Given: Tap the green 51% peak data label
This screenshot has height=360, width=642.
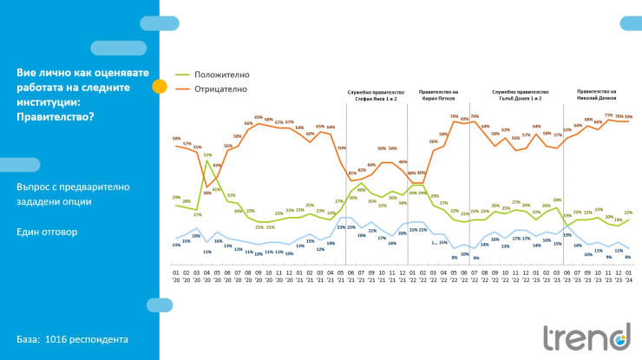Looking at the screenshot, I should click(x=208, y=155).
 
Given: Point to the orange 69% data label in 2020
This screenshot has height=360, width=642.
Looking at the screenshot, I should click(x=258, y=117).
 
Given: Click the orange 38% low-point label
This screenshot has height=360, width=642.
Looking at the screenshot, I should click(x=207, y=169).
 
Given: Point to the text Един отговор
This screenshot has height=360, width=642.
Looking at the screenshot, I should click(x=46, y=232).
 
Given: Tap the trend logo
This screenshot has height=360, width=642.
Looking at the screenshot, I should click(x=586, y=337).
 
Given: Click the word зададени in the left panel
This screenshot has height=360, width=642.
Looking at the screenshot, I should click(x=43, y=201).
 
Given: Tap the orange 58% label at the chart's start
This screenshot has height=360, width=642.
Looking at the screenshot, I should click(x=176, y=139).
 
